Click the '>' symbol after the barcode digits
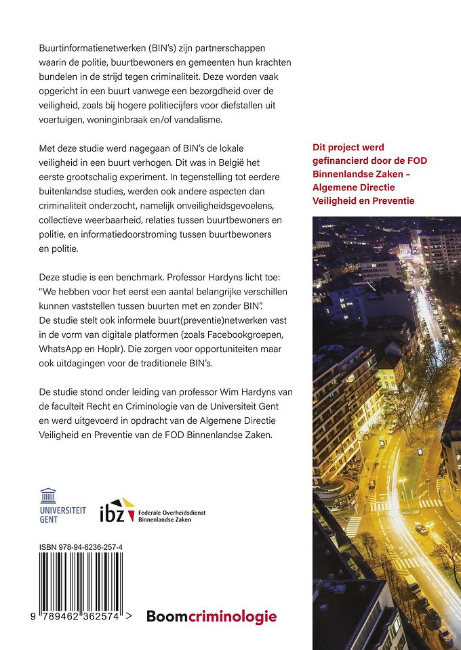point(129,615)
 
